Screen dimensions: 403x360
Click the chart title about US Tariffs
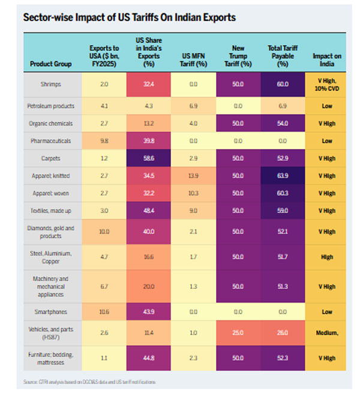tap(129, 17)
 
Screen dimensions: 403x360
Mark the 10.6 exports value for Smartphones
tap(104, 312)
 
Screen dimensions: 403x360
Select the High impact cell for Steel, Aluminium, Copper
tap(327, 256)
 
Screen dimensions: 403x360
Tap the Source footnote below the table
tap(90, 381)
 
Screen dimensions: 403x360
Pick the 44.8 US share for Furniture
tap(149, 357)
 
